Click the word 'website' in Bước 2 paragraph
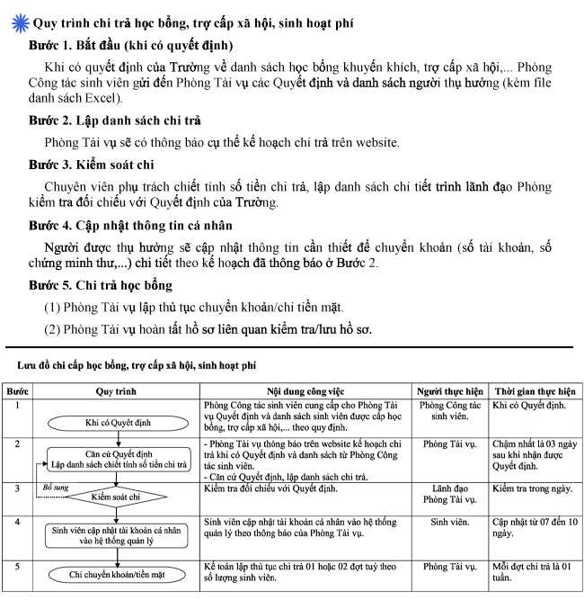point(374,142)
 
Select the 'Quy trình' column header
point(115,392)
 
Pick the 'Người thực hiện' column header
point(450,392)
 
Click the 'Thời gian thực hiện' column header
point(535,392)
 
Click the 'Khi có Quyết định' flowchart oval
point(117,422)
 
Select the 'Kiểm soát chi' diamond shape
point(117,496)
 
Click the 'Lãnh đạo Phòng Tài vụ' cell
point(450,493)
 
